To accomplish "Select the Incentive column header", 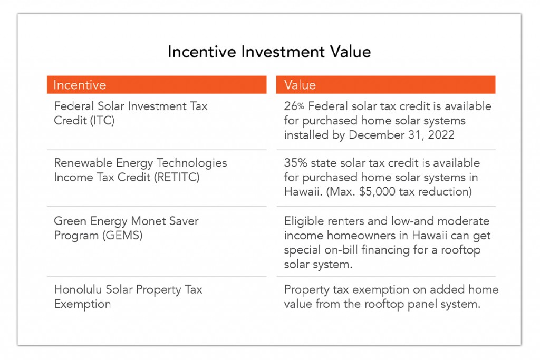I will coord(80,85).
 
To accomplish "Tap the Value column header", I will coord(300,85).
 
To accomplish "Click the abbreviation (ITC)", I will coord(99,120).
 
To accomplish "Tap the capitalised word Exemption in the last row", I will coord(82,304).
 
